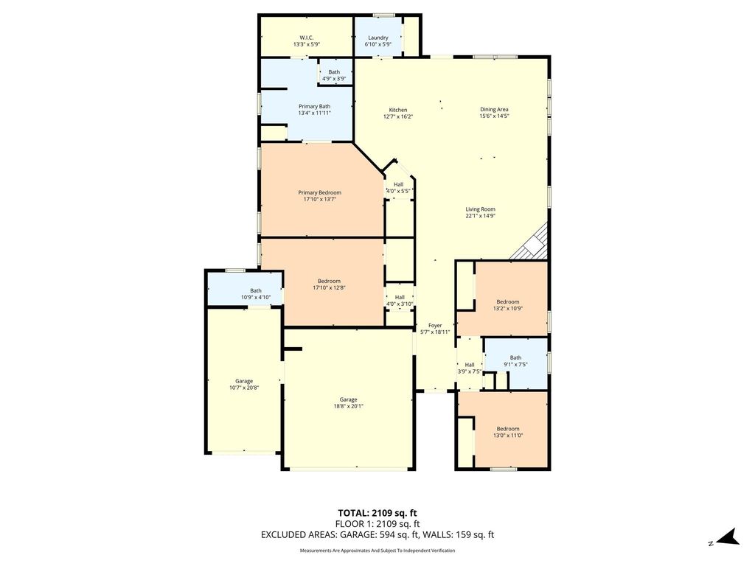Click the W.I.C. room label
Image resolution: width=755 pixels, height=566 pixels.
307,38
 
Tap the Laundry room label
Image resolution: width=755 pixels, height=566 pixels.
378,38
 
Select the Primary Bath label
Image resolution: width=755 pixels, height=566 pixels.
314,106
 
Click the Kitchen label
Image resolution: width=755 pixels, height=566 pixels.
398,110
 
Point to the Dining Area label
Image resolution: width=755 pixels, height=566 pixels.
494,109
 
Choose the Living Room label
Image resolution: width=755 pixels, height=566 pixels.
481,209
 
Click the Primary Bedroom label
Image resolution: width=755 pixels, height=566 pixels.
320,192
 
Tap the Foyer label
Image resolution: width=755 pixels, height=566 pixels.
435,325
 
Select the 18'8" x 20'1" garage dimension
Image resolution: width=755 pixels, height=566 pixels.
349,406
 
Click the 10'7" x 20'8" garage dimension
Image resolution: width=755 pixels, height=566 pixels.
244,388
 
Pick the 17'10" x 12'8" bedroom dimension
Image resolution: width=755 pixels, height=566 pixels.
330,288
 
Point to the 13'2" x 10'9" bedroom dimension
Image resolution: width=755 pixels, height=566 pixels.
508,309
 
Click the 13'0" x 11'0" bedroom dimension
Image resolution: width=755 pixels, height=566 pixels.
508,436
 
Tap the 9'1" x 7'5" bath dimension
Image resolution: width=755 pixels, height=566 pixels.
515,364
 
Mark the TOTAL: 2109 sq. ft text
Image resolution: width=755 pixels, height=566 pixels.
374,513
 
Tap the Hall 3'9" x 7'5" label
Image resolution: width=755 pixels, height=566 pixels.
470,368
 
